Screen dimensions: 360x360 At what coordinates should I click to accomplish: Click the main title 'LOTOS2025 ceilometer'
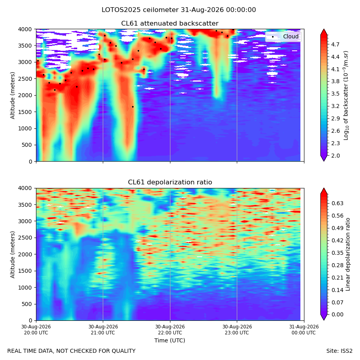[140, 10]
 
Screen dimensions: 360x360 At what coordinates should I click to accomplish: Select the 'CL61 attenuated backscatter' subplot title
[170, 24]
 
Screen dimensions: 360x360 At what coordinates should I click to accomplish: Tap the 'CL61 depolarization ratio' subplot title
[170, 182]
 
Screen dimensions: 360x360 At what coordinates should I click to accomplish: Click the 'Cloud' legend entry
[291, 36]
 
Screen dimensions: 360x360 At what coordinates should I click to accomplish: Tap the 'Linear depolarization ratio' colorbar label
[348, 254]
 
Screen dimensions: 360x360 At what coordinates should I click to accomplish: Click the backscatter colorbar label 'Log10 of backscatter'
[346, 96]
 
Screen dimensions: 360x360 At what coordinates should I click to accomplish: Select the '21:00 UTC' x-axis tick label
[103, 333]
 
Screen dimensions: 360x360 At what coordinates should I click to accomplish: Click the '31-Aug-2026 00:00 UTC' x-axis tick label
[304, 330]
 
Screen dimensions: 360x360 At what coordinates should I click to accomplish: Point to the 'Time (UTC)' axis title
[170, 340]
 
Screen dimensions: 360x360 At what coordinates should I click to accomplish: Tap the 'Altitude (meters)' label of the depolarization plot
[12, 255]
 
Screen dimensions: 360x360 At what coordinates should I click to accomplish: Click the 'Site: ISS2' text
[339, 351]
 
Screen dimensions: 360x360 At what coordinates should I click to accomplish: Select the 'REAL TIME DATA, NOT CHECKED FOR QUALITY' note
[72, 351]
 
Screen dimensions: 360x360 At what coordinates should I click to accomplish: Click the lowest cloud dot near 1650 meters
[133, 107]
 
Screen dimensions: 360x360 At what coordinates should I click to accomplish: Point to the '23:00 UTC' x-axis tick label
[237, 333]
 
